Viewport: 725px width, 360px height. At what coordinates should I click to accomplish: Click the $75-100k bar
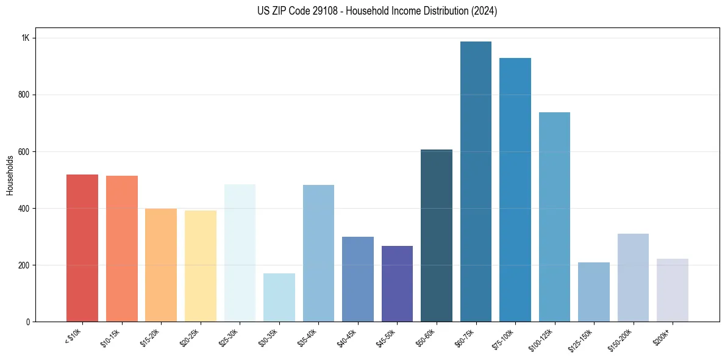(x=515, y=190)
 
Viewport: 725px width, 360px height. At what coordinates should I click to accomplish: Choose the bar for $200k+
(x=672, y=290)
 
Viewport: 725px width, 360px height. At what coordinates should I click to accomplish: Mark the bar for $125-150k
(x=593, y=292)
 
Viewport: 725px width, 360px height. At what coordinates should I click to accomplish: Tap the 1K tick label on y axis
(x=25, y=38)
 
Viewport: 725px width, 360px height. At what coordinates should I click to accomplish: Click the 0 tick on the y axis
(x=28, y=322)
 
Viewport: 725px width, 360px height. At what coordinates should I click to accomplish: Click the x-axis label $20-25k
(x=190, y=336)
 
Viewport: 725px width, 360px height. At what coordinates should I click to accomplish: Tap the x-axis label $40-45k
(x=347, y=336)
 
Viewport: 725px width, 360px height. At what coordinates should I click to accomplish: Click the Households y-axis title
(x=10, y=175)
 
